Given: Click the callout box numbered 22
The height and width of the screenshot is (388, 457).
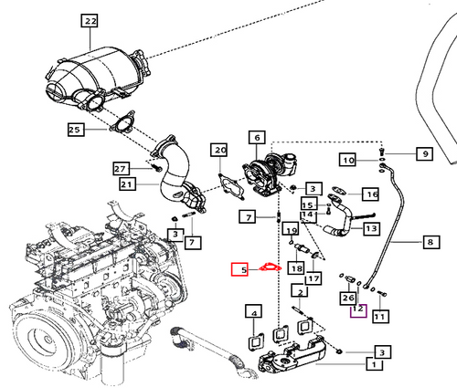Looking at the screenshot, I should pos(89,20).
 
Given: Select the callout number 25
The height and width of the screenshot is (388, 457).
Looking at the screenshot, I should pos(76,131).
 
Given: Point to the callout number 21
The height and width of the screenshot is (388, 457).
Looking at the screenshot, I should pos(127,185).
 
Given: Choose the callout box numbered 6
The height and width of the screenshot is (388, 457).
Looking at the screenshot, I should pos(256,138).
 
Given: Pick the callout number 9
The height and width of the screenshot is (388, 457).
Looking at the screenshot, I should pos(424,154).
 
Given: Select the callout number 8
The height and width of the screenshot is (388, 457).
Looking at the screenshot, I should pos(430,242).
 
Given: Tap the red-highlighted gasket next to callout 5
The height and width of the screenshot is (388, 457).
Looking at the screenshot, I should pos(268,268).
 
